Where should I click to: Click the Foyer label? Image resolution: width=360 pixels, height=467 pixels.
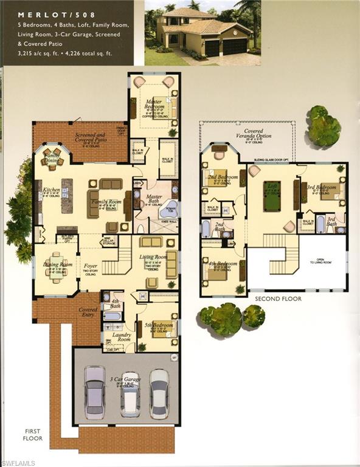[x=91, y=266]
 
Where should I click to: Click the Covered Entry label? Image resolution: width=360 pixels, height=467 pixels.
[x=88, y=311]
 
